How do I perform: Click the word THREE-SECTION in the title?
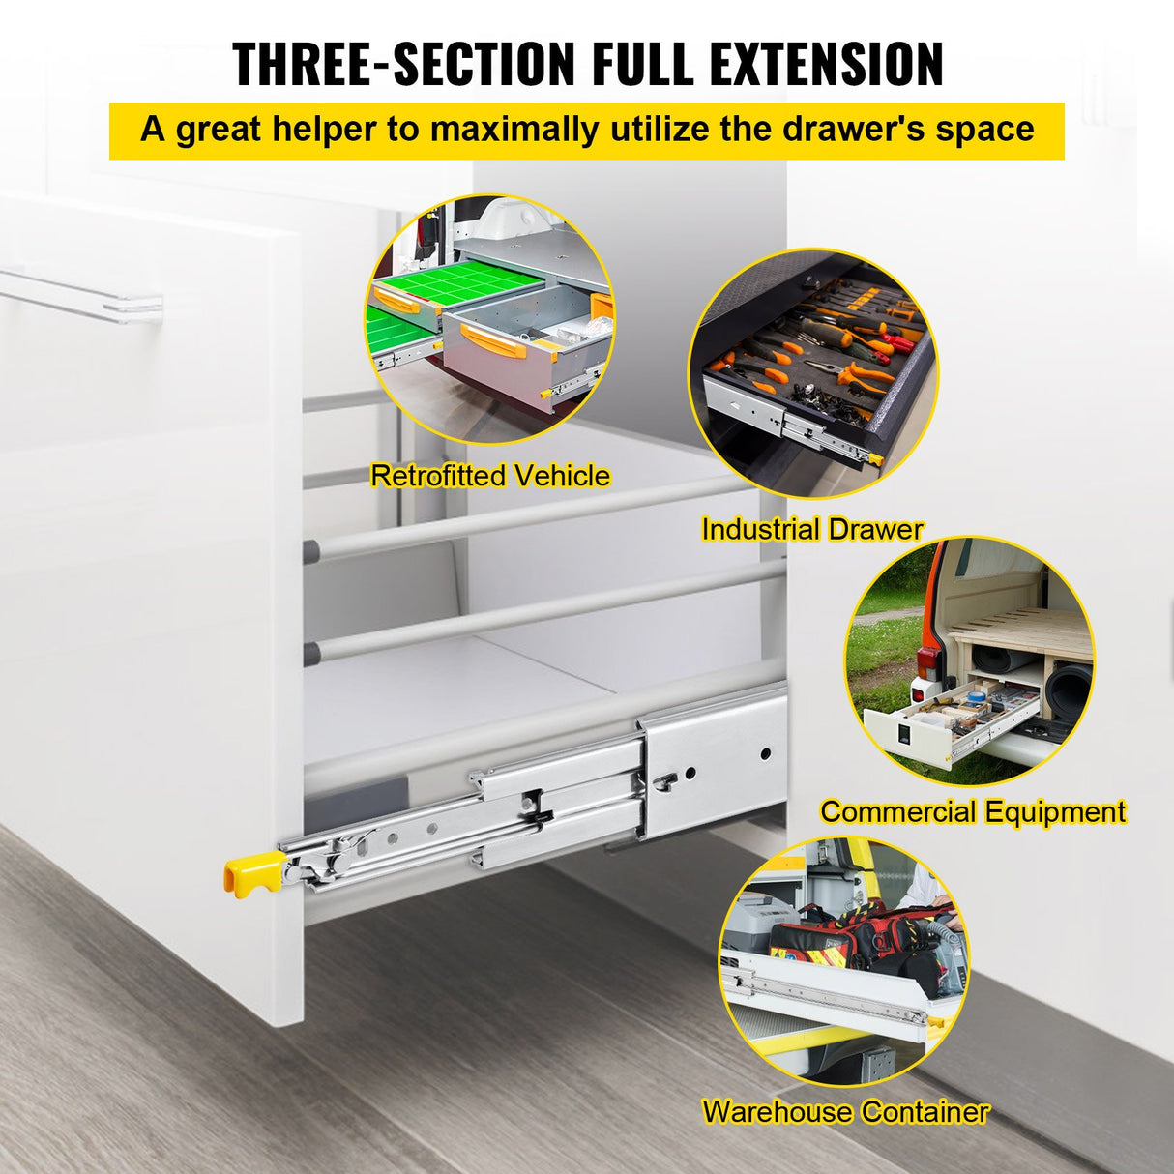tap(404, 65)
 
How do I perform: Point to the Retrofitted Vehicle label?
tap(490, 476)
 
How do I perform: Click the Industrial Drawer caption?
tap(811, 529)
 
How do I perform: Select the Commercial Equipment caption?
tap(973, 811)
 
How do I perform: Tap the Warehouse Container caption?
tap(845, 1111)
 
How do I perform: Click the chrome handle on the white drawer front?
tap(87, 294)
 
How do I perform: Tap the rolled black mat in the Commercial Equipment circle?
tap(1069, 688)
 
